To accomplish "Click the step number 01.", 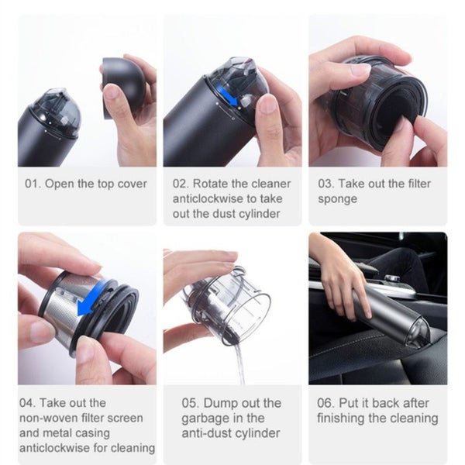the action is [x=33, y=184].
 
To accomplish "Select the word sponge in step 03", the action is [x=337, y=199].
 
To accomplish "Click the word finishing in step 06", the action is [x=341, y=418].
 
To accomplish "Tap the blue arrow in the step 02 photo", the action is [x=227, y=96].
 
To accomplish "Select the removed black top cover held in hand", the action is [x=124, y=85].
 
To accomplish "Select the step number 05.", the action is [x=191, y=403].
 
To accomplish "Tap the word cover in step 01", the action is [x=132, y=184].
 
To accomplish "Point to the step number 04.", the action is [x=28, y=403].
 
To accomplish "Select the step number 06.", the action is [x=325, y=403].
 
